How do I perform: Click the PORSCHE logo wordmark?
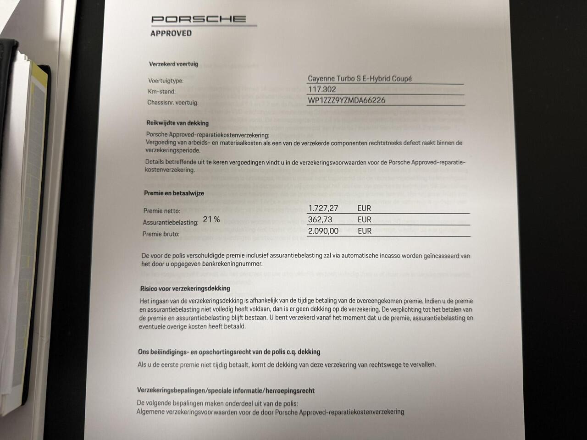pyautogui.click(x=199, y=19)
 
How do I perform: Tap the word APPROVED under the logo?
pyautogui.click(x=171, y=33)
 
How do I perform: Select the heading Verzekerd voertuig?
pyautogui.click(x=173, y=64)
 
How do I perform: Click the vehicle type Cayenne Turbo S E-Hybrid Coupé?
pyautogui.click(x=360, y=78)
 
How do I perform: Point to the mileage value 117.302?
pyautogui.click(x=321, y=89)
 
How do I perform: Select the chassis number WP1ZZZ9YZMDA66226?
pyautogui.click(x=346, y=100)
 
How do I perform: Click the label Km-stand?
pyautogui.click(x=161, y=92)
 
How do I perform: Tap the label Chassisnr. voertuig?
pyautogui.click(x=173, y=103)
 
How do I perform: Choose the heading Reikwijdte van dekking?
pyautogui.click(x=177, y=123)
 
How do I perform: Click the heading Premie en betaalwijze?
pyautogui.click(x=174, y=193)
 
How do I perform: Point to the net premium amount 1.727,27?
pyautogui.click(x=323, y=208)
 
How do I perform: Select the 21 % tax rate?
pyautogui.click(x=211, y=220)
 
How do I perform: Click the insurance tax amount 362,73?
pyautogui.click(x=320, y=220)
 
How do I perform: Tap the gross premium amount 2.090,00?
pyautogui.click(x=323, y=231)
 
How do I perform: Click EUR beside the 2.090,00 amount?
pyautogui.click(x=365, y=231)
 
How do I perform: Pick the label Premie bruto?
pyautogui.click(x=161, y=234)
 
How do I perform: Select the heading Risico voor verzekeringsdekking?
pyautogui.click(x=185, y=288)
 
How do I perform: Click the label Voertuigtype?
pyautogui.click(x=166, y=81)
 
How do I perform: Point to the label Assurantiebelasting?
pyautogui.click(x=171, y=222)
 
